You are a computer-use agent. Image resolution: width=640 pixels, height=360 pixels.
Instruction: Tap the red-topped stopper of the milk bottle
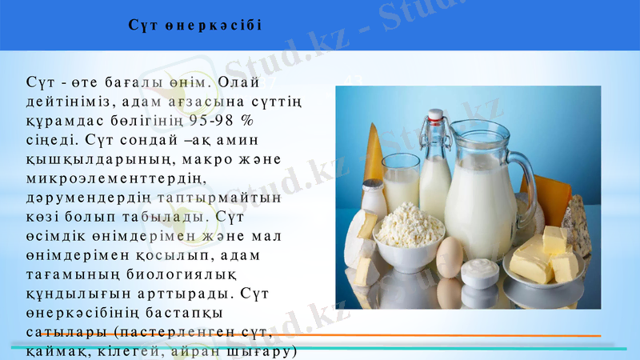pos(435,116)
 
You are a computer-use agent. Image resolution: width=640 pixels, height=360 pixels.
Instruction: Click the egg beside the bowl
pos(450,257)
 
